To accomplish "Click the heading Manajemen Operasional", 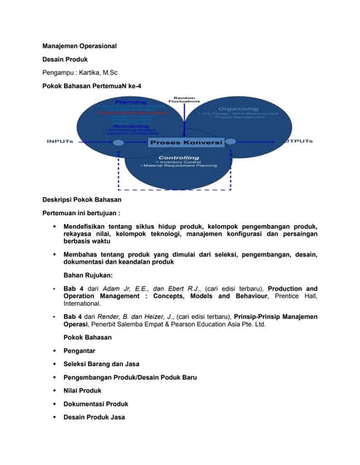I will coord(79,46).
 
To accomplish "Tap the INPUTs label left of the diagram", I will coord(59,141).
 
